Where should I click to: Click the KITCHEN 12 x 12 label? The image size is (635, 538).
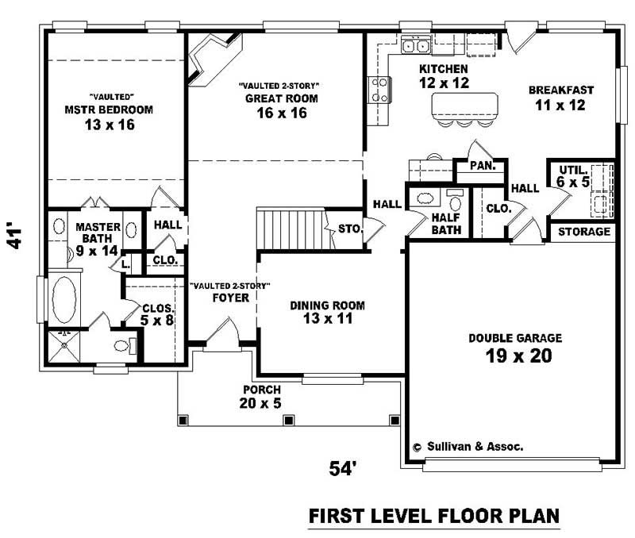tap(444, 75)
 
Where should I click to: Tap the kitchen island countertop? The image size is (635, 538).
tap(465, 106)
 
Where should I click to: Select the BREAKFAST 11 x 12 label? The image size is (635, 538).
tap(561, 97)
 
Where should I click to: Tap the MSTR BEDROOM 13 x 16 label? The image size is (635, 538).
tap(110, 116)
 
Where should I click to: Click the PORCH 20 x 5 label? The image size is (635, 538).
tap(261, 397)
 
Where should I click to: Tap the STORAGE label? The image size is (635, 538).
tap(584, 232)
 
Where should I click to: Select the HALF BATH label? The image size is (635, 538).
tap(446, 224)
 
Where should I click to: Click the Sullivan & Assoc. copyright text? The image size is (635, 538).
tap(468, 447)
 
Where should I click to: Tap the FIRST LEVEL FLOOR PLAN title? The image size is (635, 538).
tap(433, 516)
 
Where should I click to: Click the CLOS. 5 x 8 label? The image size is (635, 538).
tap(158, 314)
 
